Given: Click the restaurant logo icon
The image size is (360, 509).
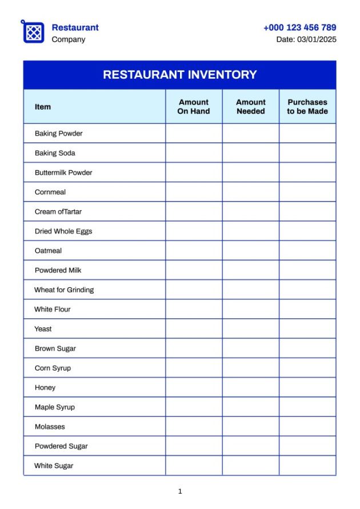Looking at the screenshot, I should click(x=33, y=32).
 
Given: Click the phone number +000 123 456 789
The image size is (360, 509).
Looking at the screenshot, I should click(x=299, y=27).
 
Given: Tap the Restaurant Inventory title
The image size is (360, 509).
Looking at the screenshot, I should click(x=179, y=75).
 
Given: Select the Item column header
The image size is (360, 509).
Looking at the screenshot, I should click(x=43, y=107).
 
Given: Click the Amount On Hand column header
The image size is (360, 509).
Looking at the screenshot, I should click(x=194, y=107).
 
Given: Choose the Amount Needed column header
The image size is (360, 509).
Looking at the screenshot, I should click(x=251, y=107).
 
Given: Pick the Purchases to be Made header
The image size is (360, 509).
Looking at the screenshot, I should click(x=307, y=107).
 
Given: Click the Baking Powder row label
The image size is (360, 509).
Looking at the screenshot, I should click(x=58, y=134).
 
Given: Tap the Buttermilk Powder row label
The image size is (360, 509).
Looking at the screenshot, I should click(x=63, y=173).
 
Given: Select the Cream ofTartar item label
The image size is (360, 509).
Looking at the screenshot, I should click(x=58, y=211).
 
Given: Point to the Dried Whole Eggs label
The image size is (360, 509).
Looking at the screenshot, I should click(x=63, y=231).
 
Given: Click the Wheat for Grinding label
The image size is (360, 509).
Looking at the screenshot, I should click(x=64, y=290).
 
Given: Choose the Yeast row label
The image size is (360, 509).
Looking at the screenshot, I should click(x=43, y=329).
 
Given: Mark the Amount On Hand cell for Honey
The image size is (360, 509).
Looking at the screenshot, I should click(x=194, y=387).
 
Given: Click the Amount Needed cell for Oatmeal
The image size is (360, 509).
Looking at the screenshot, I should click(x=251, y=251).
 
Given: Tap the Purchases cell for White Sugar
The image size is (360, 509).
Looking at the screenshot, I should click(x=307, y=466).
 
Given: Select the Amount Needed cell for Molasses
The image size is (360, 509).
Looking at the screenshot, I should click(x=251, y=427).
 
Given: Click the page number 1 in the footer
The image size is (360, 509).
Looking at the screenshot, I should click(x=180, y=491).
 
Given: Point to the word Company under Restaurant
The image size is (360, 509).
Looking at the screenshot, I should click(x=68, y=39).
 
